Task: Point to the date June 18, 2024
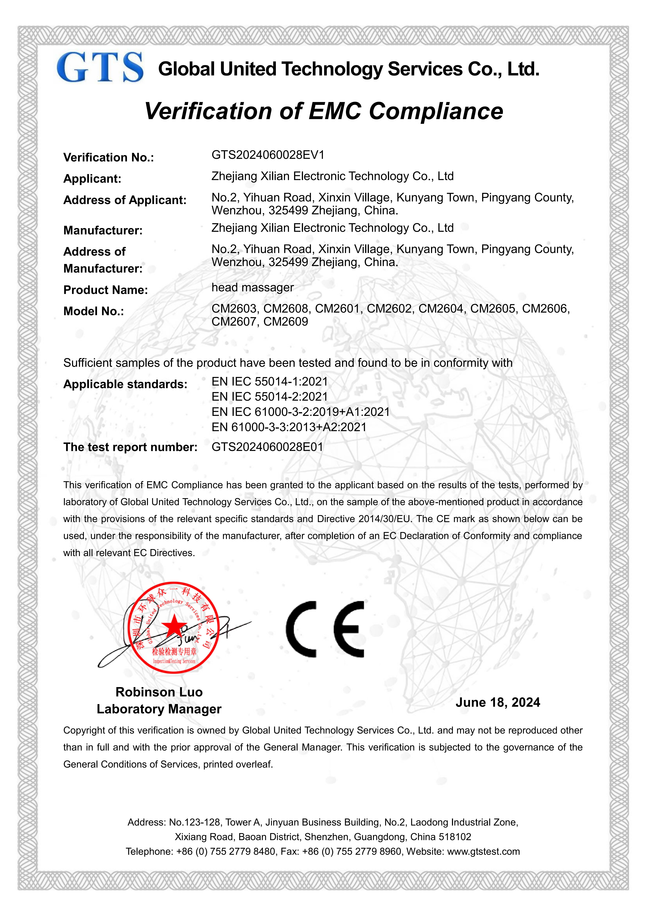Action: (498, 702)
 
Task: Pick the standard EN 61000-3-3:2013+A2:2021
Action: (289, 427)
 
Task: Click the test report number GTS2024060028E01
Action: (267, 447)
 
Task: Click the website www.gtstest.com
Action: (483, 851)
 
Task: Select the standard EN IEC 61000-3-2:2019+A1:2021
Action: (301, 412)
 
